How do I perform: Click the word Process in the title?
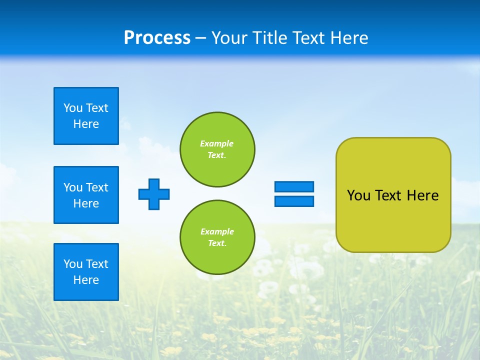point(157,37)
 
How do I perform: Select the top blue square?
point(86,116)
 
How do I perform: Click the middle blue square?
point(86,195)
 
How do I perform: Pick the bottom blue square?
point(86,272)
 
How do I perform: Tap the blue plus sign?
point(154,194)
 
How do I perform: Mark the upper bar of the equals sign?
point(294,186)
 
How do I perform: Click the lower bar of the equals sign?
point(294,201)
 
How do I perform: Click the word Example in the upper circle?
point(217,143)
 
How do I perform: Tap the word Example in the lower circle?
point(217,231)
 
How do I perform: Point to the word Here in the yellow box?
point(422,195)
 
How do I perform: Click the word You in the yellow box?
point(358,195)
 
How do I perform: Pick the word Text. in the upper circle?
point(217,155)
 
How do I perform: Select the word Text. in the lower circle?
point(217,243)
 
